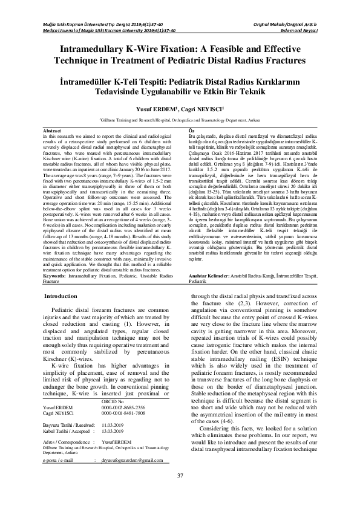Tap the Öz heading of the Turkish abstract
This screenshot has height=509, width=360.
click(192, 131)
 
